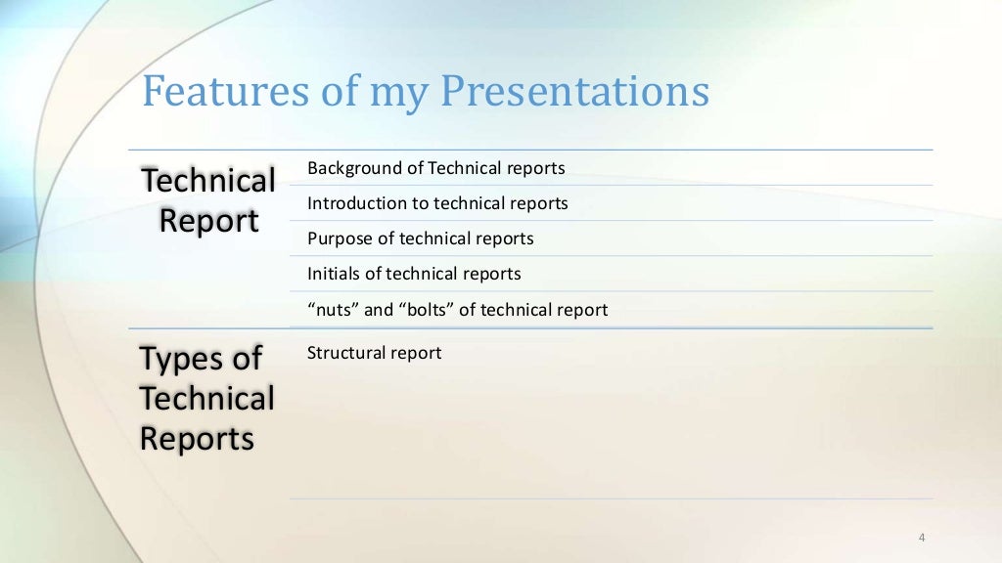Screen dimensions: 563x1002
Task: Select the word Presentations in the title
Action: point(574,92)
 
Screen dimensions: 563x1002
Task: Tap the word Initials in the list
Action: point(334,274)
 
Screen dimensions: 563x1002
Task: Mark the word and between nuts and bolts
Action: point(379,310)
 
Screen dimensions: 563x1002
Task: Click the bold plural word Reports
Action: point(197,439)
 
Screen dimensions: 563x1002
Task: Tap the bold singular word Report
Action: point(208,222)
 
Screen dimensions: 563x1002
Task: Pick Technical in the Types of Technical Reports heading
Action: point(206,399)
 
